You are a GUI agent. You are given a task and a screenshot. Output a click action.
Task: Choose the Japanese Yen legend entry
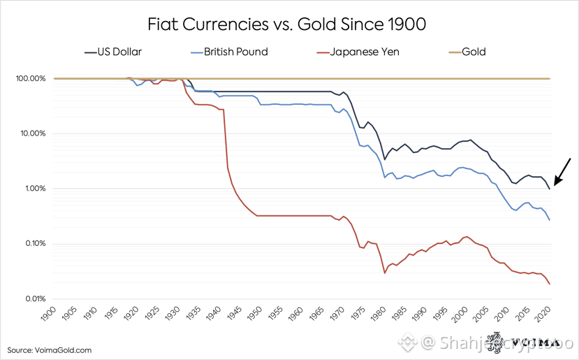click(x=358, y=52)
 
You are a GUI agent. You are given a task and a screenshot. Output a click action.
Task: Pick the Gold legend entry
click(x=472, y=52)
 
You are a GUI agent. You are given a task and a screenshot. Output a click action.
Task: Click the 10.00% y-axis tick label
click(x=28, y=134)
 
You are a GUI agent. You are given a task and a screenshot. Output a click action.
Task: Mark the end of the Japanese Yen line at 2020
click(x=550, y=283)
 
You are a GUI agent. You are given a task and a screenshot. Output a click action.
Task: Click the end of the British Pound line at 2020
click(x=550, y=220)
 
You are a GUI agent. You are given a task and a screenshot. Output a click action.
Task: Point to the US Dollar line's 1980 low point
click(x=385, y=160)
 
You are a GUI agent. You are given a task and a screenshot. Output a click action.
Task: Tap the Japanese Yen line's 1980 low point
click(x=385, y=273)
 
